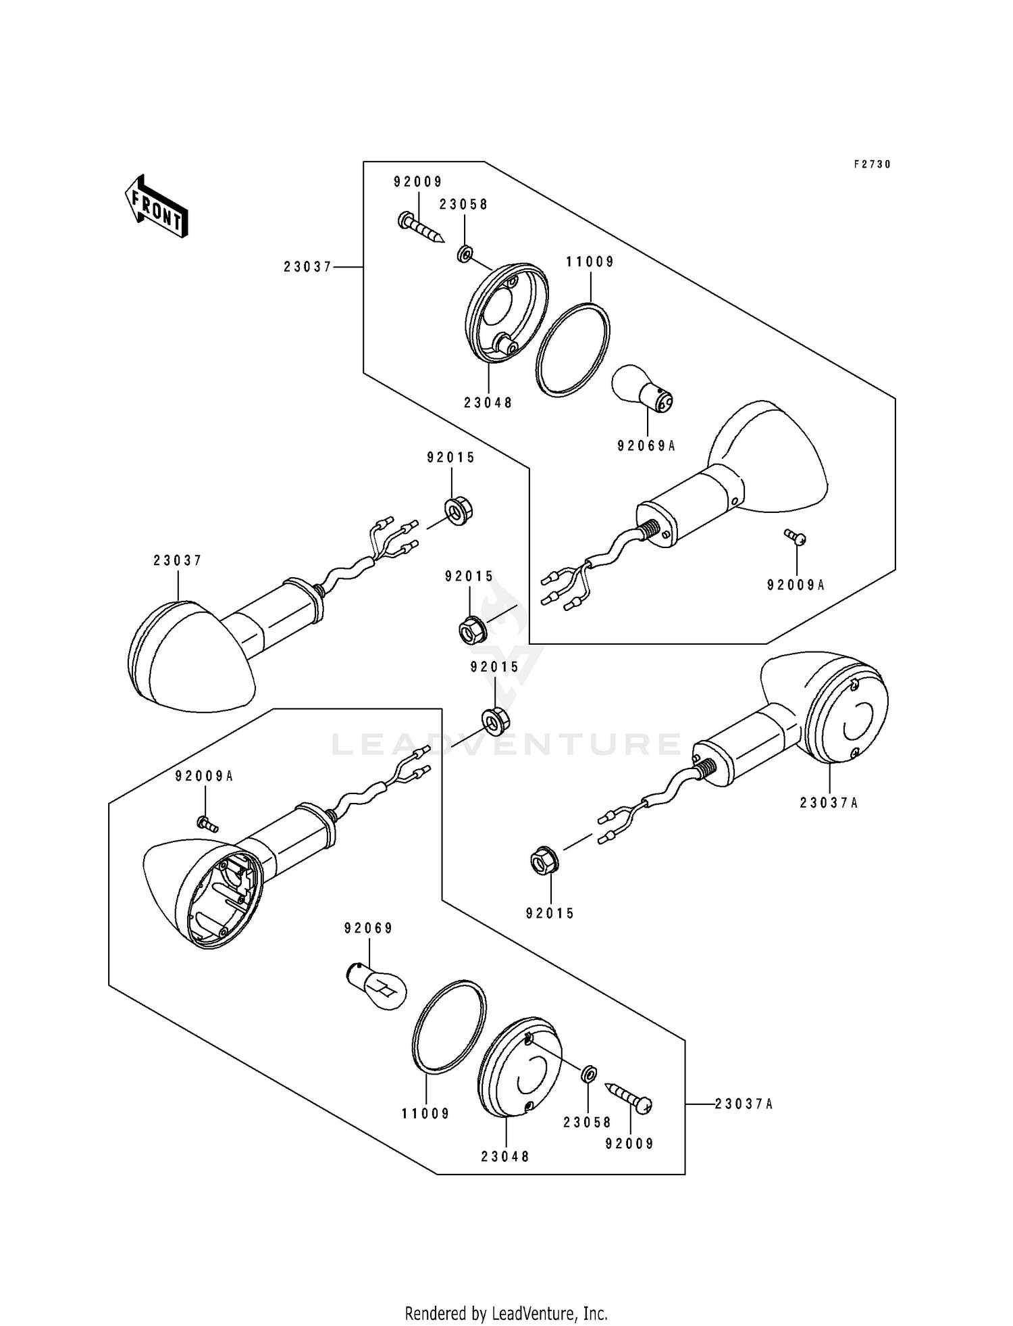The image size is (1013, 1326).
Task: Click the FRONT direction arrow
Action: pos(156,205)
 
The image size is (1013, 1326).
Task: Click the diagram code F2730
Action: pos(872,164)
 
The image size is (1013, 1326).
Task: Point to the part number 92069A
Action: pos(646,445)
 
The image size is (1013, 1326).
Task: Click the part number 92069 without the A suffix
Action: pos(368,928)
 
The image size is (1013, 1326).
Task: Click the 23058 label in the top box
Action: pos(464,204)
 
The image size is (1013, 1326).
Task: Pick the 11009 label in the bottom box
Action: pos(425,1113)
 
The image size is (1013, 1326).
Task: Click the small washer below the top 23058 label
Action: pos(464,255)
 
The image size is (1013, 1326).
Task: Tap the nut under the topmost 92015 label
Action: pos(458,512)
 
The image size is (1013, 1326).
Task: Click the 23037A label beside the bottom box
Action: pos(744,1104)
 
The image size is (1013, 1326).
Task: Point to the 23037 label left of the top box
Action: pos(308,267)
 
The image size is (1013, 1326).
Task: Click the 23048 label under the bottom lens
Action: pos(505,1156)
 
